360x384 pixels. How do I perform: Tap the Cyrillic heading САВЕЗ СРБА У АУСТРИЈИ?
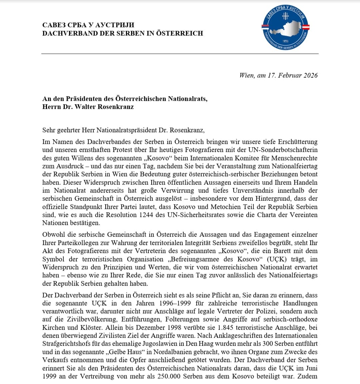pyautogui.click(x=88, y=25)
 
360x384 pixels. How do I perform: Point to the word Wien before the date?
pyautogui.click(x=247, y=75)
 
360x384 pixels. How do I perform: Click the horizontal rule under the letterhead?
pyautogui.click(x=180, y=53)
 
